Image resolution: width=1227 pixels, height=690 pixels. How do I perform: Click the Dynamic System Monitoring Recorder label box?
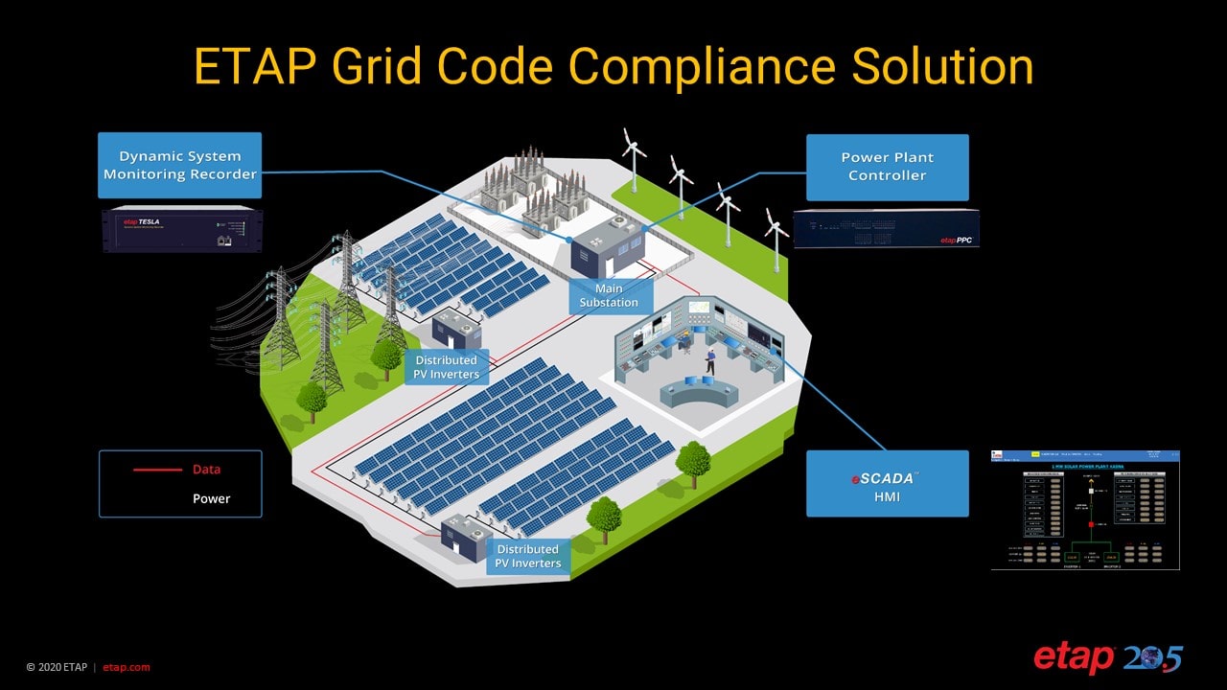coord(179,165)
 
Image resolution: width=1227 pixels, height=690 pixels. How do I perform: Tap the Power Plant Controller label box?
coord(887,167)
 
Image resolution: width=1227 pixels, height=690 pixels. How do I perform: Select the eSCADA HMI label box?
coord(887,483)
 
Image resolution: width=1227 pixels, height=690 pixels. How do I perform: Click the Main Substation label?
coord(609,295)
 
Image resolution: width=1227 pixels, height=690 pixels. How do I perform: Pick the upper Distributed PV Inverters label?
coord(447,367)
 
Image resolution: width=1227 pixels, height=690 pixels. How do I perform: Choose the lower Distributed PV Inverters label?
coord(528,556)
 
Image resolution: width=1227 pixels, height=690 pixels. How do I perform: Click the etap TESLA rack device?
coord(181,229)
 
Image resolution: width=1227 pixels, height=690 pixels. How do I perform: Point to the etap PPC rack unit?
coord(886,228)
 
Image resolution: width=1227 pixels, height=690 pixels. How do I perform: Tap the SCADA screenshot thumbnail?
coord(1085,510)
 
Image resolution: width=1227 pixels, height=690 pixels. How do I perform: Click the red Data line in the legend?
coord(156,470)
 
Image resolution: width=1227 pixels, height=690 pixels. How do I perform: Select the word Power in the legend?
coord(211,498)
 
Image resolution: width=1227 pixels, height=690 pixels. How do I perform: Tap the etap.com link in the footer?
coord(127,667)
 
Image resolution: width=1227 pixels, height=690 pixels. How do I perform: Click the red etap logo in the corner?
coord(1073,658)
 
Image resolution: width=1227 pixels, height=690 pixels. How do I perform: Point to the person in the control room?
coord(710,361)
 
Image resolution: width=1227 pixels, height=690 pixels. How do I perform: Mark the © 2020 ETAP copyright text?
coord(56,667)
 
